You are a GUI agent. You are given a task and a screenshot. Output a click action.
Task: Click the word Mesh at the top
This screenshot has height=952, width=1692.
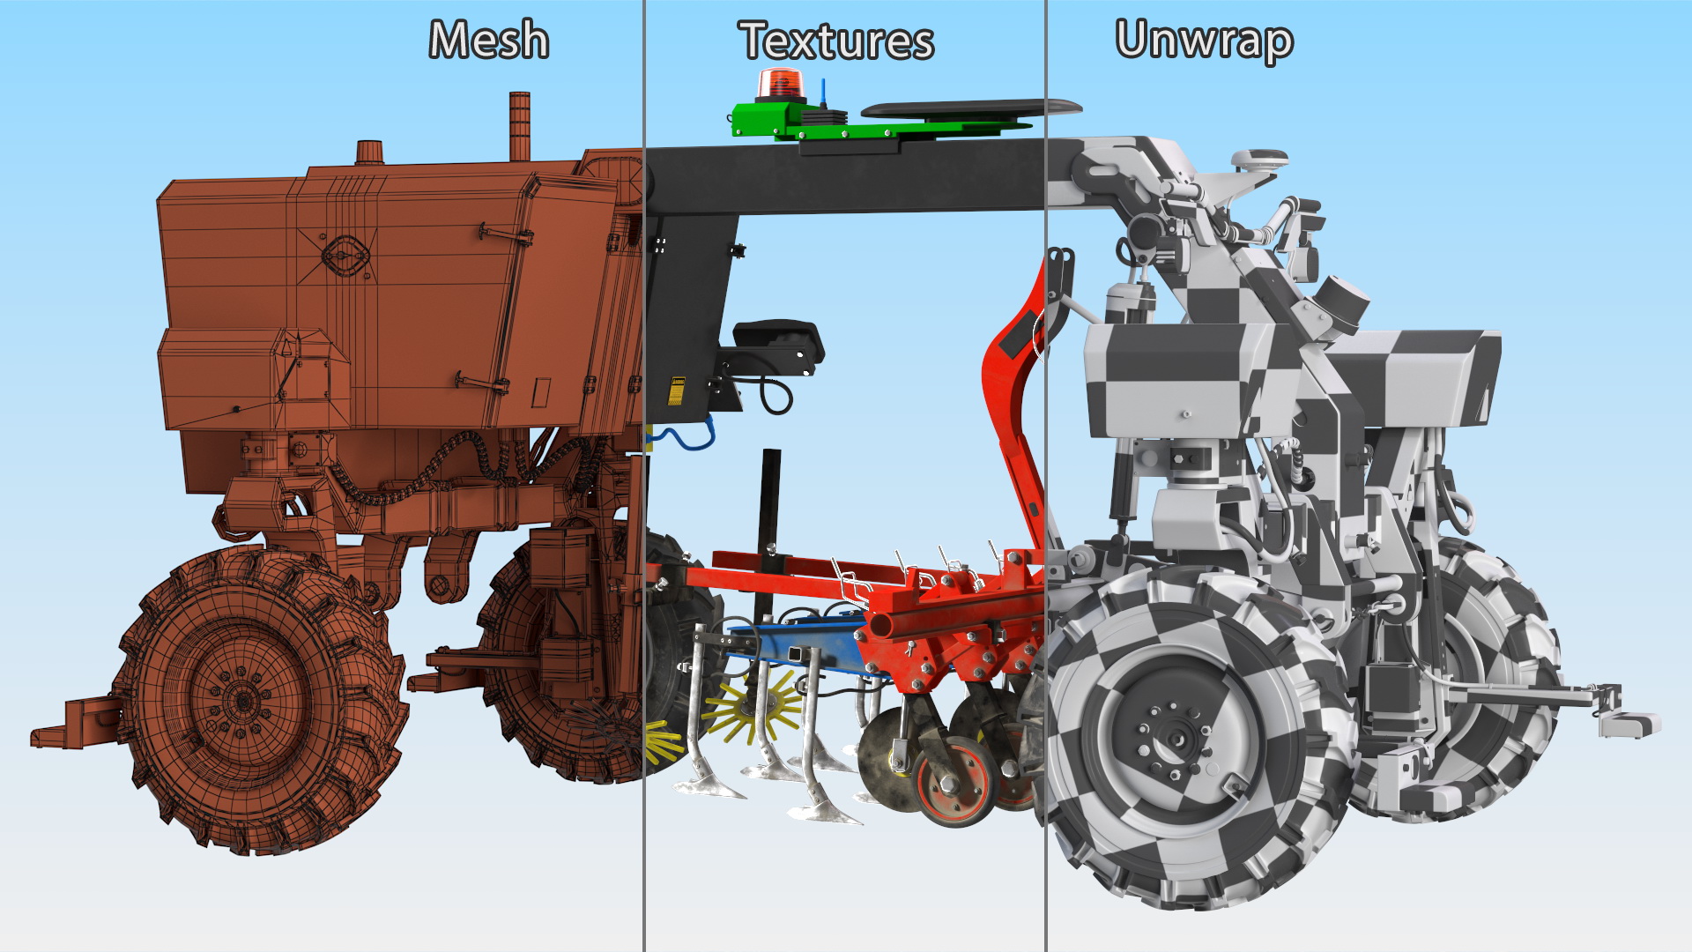coord(489,41)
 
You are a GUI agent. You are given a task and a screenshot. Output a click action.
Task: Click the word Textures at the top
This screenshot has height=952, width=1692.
coord(836,41)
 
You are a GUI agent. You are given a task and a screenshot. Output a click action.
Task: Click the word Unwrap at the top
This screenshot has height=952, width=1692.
coord(1204,41)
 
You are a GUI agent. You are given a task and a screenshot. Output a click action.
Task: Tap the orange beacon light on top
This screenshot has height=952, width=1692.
coord(779,85)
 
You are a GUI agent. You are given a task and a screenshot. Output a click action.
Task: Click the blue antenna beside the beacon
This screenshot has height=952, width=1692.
coord(822,94)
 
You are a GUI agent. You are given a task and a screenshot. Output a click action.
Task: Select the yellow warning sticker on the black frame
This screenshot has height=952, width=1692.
coord(677,390)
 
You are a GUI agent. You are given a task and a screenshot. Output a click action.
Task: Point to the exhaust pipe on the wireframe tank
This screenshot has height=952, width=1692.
coord(520,126)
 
